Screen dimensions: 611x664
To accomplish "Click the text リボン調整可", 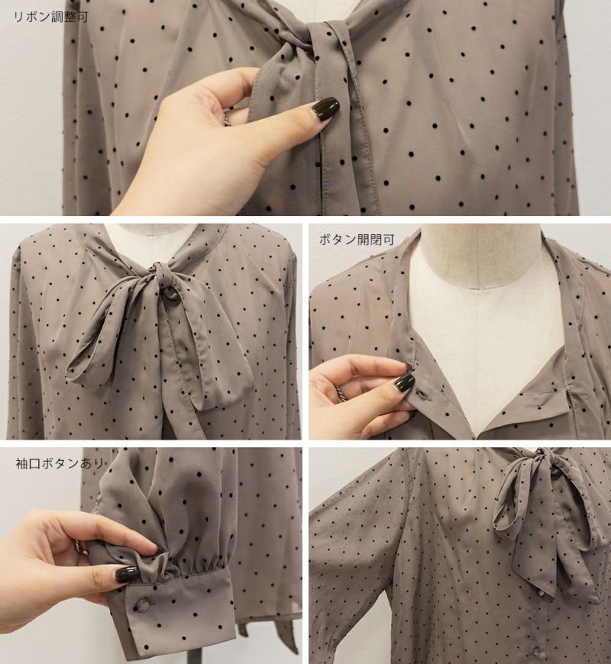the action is click(51, 18).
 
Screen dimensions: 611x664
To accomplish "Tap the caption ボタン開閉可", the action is click(357, 239).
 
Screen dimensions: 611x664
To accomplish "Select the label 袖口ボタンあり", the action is click(60, 463).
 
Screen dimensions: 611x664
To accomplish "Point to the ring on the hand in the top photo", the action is click(227, 118).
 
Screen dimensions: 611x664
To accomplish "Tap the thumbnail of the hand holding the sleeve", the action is click(128, 574).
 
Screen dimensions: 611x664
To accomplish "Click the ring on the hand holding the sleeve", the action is click(80, 546).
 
